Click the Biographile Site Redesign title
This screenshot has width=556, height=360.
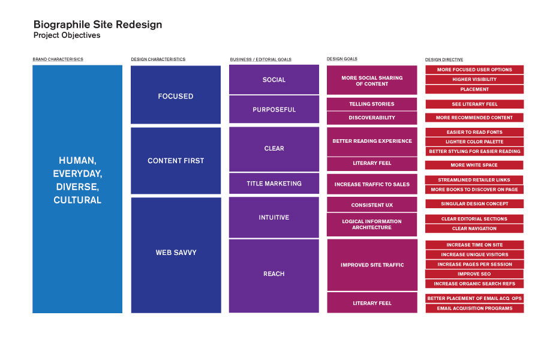tap(98, 25)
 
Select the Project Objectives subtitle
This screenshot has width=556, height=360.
tap(67, 35)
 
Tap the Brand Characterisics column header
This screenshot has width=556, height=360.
tap(58, 59)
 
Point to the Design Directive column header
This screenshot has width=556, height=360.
tap(444, 59)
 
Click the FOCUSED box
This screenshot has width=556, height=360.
tap(176, 95)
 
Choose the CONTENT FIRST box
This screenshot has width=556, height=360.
tap(176, 161)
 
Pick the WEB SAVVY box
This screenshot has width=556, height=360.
tap(176, 255)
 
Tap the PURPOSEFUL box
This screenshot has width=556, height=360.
tap(274, 109)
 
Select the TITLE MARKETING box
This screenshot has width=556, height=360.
tap(274, 184)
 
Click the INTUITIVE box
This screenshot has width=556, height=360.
tap(274, 217)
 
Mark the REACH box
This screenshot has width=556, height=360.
tap(274, 276)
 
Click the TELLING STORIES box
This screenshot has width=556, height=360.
tap(372, 104)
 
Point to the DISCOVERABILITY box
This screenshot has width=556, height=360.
tap(372, 118)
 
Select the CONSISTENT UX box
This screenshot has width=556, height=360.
tap(372, 205)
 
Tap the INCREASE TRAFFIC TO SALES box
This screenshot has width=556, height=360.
tap(372, 184)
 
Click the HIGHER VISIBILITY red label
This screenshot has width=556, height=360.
tap(474, 79)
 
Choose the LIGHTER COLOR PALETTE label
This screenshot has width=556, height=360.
tap(474, 142)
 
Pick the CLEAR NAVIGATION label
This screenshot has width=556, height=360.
tap(474, 229)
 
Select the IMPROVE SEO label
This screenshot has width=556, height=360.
tap(474, 274)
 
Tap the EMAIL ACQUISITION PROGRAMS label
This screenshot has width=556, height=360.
tap(474, 308)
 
